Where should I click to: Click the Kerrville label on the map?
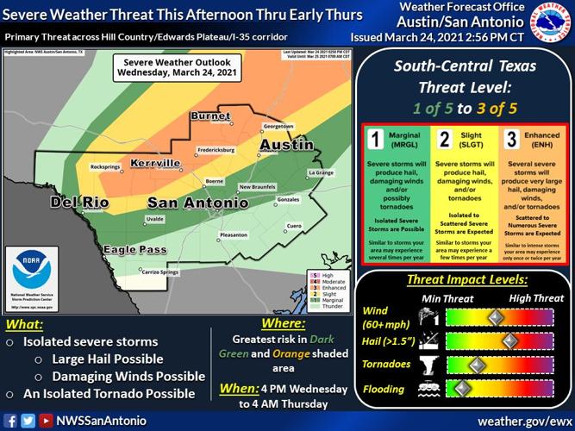[x=156, y=162]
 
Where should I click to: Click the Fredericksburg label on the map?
[x=198, y=151]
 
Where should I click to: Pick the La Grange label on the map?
[x=321, y=173]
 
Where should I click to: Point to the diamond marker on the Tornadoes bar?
[x=472, y=364]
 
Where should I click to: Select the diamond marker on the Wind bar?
[x=496, y=318]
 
